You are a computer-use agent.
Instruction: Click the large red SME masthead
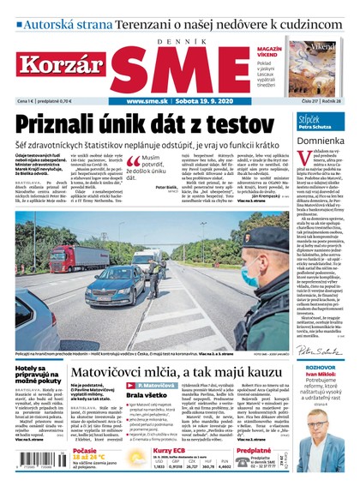[179, 63]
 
